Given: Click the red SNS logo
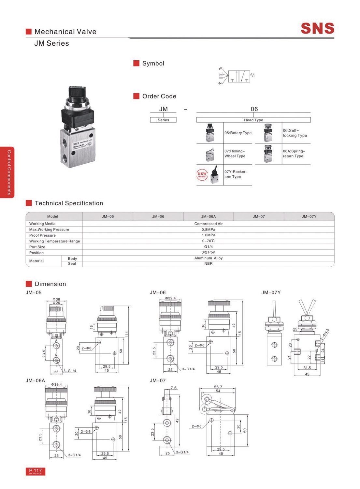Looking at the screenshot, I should click(x=317, y=28).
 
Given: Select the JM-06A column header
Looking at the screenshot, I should click(x=208, y=216).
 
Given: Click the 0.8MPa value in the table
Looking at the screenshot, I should click(x=208, y=230).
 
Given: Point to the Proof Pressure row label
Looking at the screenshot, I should click(x=42, y=235).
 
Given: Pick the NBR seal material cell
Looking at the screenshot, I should click(x=208, y=263).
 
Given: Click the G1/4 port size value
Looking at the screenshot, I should click(x=208, y=247).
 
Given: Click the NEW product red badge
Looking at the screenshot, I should click(x=202, y=174).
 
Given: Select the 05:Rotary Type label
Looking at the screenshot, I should click(x=238, y=133).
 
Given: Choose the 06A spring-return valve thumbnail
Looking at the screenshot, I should click(x=268, y=154).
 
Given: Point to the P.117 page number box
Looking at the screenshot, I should click(x=36, y=471).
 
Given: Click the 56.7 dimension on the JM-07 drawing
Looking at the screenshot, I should click(x=218, y=387).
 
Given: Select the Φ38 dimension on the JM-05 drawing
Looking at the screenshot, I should click(x=56, y=299).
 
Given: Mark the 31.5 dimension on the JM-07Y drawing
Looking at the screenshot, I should click(x=307, y=368).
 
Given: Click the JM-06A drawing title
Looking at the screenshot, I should click(x=35, y=380).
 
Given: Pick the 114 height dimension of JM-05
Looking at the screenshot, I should click(x=126, y=334).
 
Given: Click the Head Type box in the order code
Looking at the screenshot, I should click(x=253, y=120).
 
